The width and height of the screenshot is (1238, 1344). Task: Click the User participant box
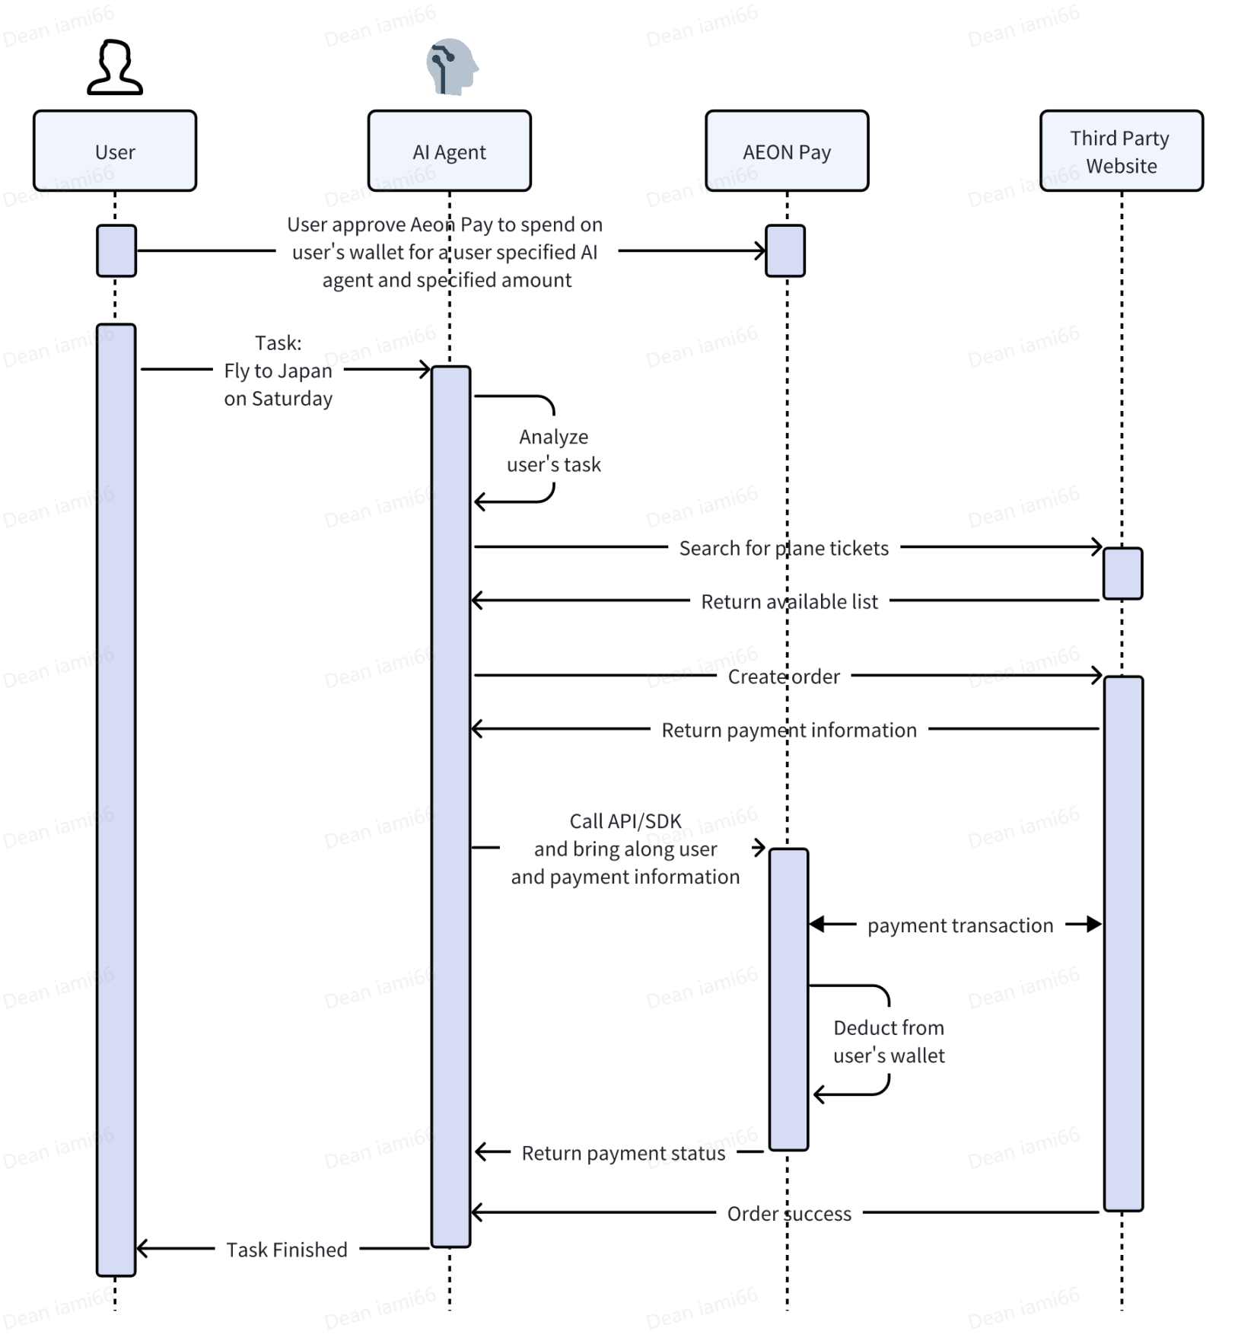tap(115, 151)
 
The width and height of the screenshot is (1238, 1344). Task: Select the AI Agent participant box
tap(449, 151)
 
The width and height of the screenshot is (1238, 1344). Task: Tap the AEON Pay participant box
tap(787, 151)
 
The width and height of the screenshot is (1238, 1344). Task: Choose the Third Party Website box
tap(1121, 151)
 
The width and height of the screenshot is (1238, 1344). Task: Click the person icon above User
tap(115, 68)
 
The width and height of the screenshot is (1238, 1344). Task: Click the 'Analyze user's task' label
tap(553, 451)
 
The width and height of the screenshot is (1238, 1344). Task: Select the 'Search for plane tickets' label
tap(784, 548)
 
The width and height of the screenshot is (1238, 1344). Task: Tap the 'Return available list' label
tap(789, 601)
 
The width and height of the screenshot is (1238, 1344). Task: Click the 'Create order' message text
tap(784, 677)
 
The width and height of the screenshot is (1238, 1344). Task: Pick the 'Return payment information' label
tap(789, 730)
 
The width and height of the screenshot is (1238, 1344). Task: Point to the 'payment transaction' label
tap(960, 925)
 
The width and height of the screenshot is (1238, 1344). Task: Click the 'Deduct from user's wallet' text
tap(889, 1041)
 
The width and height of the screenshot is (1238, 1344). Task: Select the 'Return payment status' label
tap(623, 1153)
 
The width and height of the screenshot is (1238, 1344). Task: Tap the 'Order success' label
tap(789, 1213)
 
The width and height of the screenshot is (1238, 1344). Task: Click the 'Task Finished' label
tap(287, 1250)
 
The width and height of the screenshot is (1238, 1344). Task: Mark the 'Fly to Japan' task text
tap(278, 371)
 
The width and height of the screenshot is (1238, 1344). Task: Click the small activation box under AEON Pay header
tap(785, 250)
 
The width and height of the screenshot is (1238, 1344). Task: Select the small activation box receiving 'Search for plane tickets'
tap(1122, 573)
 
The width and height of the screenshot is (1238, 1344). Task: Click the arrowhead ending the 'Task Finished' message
tap(142, 1248)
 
